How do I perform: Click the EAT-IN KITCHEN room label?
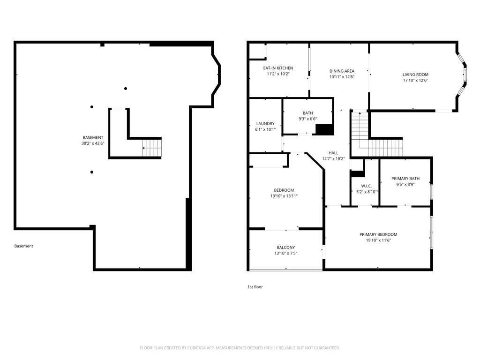[x=278, y=68]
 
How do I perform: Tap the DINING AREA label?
[x=342, y=71]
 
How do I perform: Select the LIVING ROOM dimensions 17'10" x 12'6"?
[x=415, y=81]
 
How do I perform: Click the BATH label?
[x=307, y=113]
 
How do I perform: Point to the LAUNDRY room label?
[x=265, y=124]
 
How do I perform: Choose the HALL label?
[x=333, y=153]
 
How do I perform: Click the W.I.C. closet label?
[x=367, y=186]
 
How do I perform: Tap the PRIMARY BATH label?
[x=405, y=179]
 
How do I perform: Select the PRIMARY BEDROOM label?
[x=378, y=234]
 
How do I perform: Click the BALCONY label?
[x=285, y=247]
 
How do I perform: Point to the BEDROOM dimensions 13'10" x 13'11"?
[x=284, y=196]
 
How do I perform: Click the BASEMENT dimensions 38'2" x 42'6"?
[x=93, y=143]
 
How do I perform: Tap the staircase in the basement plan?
[x=152, y=148]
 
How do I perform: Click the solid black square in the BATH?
[x=324, y=129]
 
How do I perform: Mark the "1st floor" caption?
[x=255, y=287]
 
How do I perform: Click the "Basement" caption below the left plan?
[x=23, y=246]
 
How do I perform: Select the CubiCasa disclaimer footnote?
[x=240, y=348]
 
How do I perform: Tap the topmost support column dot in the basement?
[x=126, y=89]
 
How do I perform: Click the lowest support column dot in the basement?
[x=92, y=172]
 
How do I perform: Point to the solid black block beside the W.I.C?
[x=357, y=173]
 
